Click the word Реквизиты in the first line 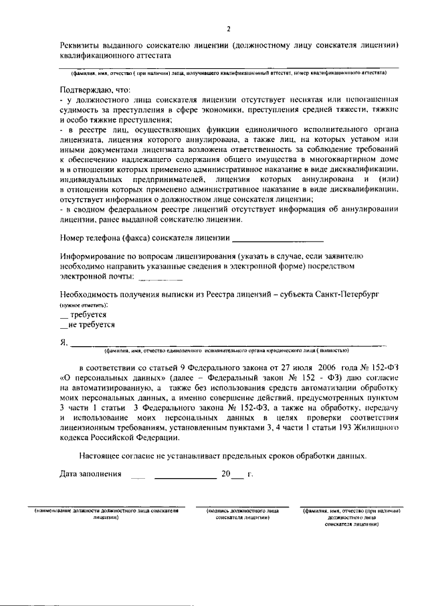(x=79, y=46)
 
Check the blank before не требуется (x=64, y=326)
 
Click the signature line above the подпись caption (x=242, y=506)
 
